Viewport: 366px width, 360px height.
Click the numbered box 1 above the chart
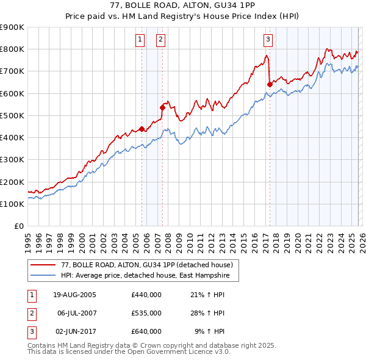[140, 40]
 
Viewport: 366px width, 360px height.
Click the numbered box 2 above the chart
[160, 40]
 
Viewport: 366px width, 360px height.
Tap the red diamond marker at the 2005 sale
[142, 129]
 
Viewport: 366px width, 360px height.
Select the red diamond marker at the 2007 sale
[162, 107]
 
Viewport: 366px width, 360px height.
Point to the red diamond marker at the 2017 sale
[270, 85]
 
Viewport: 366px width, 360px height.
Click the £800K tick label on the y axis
[12, 49]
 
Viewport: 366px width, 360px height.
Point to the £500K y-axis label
[12, 116]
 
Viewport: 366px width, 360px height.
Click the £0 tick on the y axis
[18, 226]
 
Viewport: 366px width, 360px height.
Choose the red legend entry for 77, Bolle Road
[146, 265]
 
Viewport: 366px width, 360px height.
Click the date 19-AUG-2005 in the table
[74, 295]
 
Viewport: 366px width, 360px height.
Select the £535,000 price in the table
[146, 313]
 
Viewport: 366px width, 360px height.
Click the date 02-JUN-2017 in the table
[74, 331]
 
